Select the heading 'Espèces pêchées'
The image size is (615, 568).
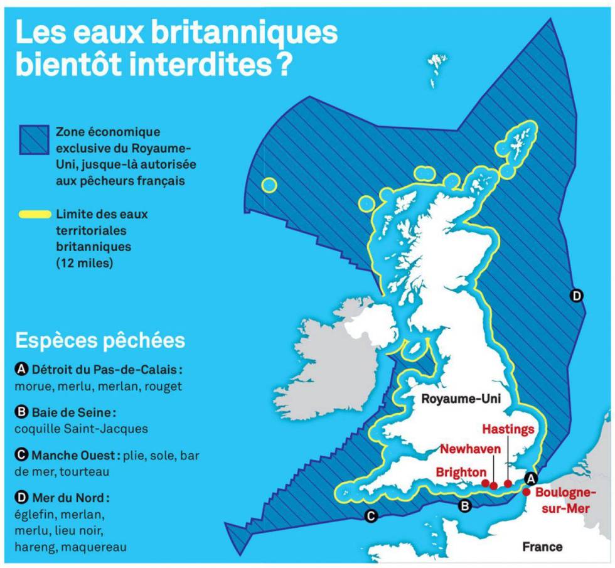coord(100,340)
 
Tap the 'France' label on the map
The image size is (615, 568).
coord(542,547)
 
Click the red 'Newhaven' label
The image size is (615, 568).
coord(469,449)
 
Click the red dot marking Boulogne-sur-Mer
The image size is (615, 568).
coord(526,492)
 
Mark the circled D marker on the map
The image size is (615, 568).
coord(577,295)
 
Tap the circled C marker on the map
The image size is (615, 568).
coord(370,517)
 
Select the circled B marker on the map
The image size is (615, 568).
coord(464,506)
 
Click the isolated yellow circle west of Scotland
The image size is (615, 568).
coord(269,185)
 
